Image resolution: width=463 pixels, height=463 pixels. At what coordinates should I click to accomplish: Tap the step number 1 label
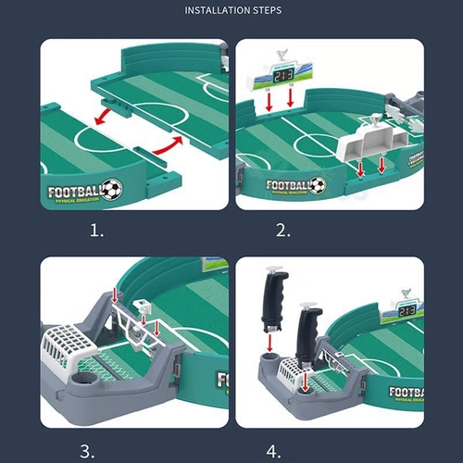coord(96,230)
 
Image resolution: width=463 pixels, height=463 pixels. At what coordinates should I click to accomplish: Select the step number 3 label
coord(86,451)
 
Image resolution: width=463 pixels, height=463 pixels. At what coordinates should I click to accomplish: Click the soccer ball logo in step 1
coord(111,190)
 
